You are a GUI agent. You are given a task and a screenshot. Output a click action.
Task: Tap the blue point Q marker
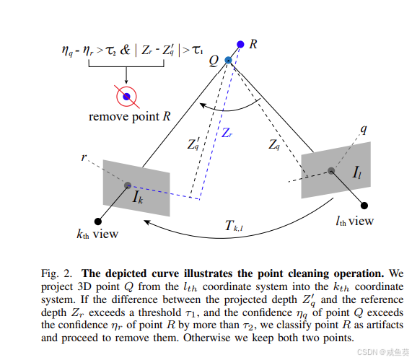(228, 60)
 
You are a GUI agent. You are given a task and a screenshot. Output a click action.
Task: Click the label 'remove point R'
(130, 116)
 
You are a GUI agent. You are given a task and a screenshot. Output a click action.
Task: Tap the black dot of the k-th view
(97, 221)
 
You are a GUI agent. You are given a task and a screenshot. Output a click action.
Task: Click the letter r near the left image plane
(86, 155)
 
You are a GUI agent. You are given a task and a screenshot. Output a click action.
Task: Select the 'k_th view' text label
(97, 234)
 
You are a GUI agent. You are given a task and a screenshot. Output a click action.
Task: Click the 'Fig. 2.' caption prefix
(55, 273)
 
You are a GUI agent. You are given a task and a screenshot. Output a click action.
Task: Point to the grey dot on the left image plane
(128, 185)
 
